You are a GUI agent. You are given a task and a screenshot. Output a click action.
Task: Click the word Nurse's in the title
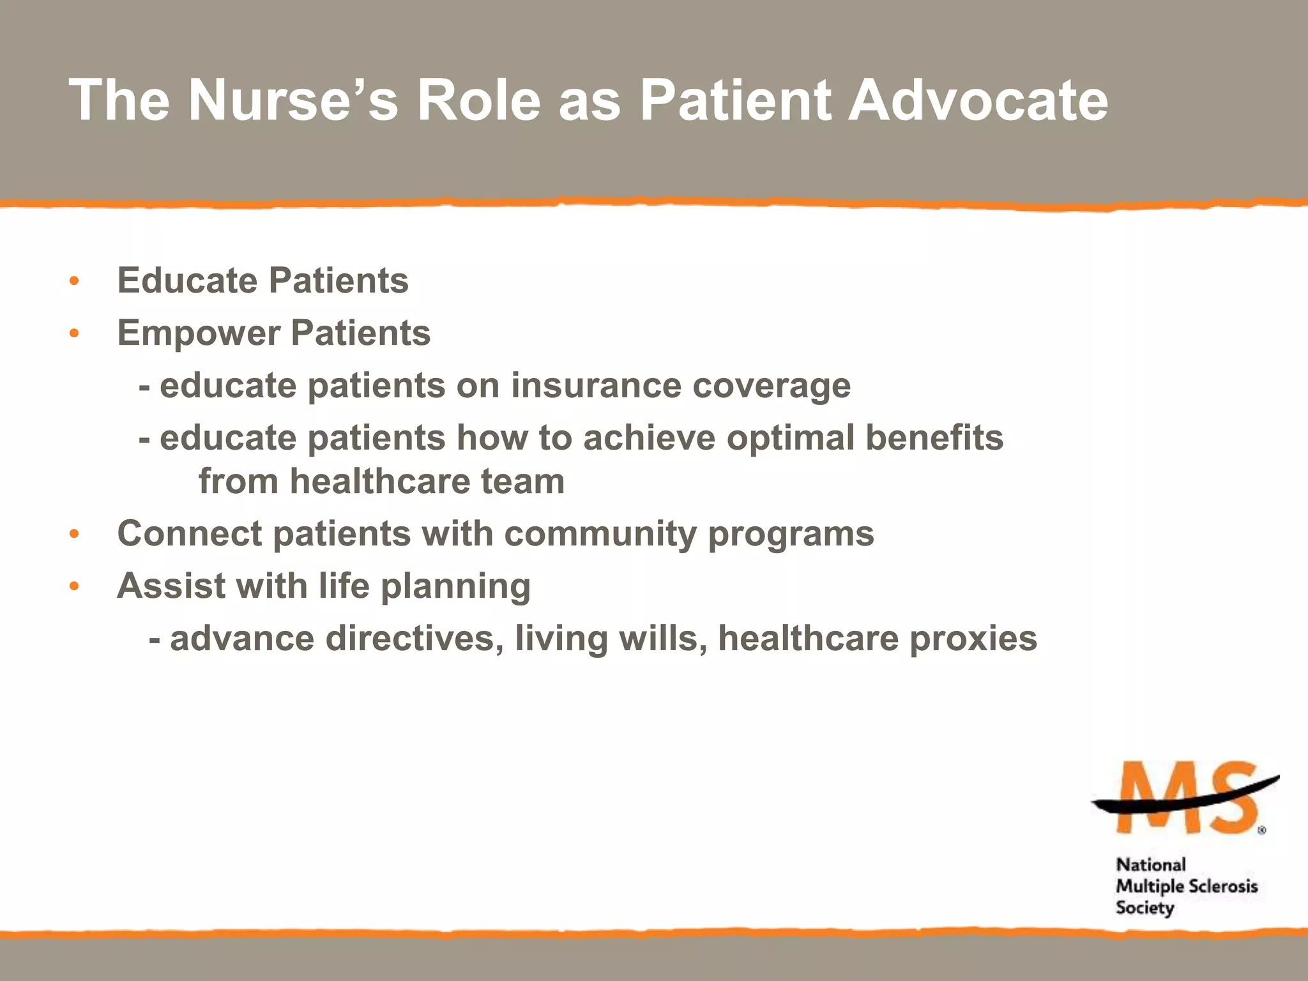pos(293,100)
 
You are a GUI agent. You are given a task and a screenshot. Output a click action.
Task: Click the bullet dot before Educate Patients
pos(74,281)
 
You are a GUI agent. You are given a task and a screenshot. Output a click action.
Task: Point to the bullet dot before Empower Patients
pos(74,333)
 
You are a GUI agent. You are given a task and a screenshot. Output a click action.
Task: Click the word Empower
pos(199,334)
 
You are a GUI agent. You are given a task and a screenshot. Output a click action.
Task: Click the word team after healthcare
pos(522,482)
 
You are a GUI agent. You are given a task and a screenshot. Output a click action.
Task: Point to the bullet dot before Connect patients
pos(74,534)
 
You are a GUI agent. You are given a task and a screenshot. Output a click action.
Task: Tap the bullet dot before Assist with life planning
pos(74,586)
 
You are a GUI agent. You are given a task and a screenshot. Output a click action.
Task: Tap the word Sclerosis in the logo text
pos(1222,886)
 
